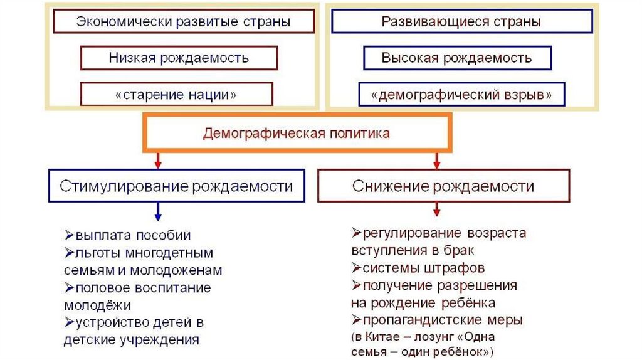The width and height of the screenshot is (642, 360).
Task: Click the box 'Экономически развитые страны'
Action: click(x=183, y=22)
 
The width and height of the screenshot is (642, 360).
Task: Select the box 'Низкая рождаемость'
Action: click(x=179, y=58)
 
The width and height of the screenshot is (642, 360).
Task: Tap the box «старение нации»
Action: click(x=176, y=95)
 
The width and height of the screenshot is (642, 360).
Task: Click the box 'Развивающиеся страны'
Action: click(x=461, y=22)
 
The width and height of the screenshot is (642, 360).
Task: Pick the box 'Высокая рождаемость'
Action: click(x=457, y=58)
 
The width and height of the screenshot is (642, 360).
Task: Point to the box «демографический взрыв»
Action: click(x=461, y=95)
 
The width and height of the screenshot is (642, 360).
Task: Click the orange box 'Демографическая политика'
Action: click(x=297, y=133)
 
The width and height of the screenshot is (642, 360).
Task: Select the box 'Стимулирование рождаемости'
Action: click(x=176, y=186)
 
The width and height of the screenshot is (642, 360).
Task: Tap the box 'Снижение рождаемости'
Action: click(x=443, y=186)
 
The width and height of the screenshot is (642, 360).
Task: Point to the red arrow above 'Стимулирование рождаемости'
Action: click(x=157, y=161)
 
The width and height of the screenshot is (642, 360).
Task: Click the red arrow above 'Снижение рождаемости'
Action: click(x=436, y=161)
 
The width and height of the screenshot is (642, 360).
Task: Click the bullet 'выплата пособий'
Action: click(x=128, y=236)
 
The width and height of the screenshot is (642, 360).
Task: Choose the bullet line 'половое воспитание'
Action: click(x=138, y=288)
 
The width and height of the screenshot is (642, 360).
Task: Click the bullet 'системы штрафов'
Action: click(x=418, y=268)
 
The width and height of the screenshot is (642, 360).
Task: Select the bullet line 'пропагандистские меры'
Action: click(x=438, y=320)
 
